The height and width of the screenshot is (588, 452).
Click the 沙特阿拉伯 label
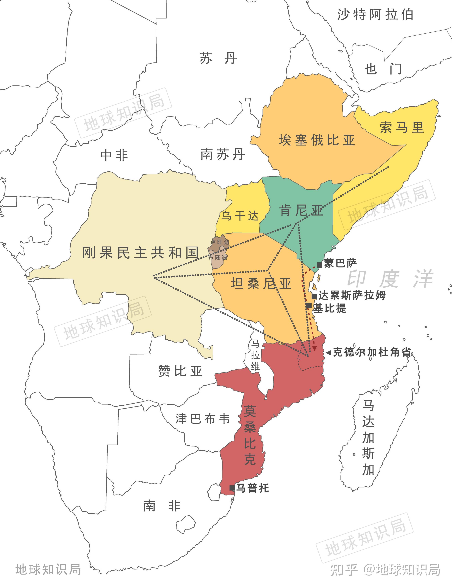click(x=375, y=15)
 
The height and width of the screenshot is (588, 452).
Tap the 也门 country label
click(x=383, y=69)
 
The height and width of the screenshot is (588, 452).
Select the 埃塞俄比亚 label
click(x=317, y=140)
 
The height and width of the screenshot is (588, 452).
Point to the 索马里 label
click(x=402, y=127)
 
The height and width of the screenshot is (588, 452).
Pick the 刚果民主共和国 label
click(x=140, y=253)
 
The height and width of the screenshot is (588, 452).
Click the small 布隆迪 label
click(x=218, y=258)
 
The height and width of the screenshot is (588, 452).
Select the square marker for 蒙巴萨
click(x=319, y=265)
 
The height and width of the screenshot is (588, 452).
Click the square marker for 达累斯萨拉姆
click(x=314, y=296)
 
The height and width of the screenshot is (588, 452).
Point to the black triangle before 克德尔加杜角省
click(x=329, y=352)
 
